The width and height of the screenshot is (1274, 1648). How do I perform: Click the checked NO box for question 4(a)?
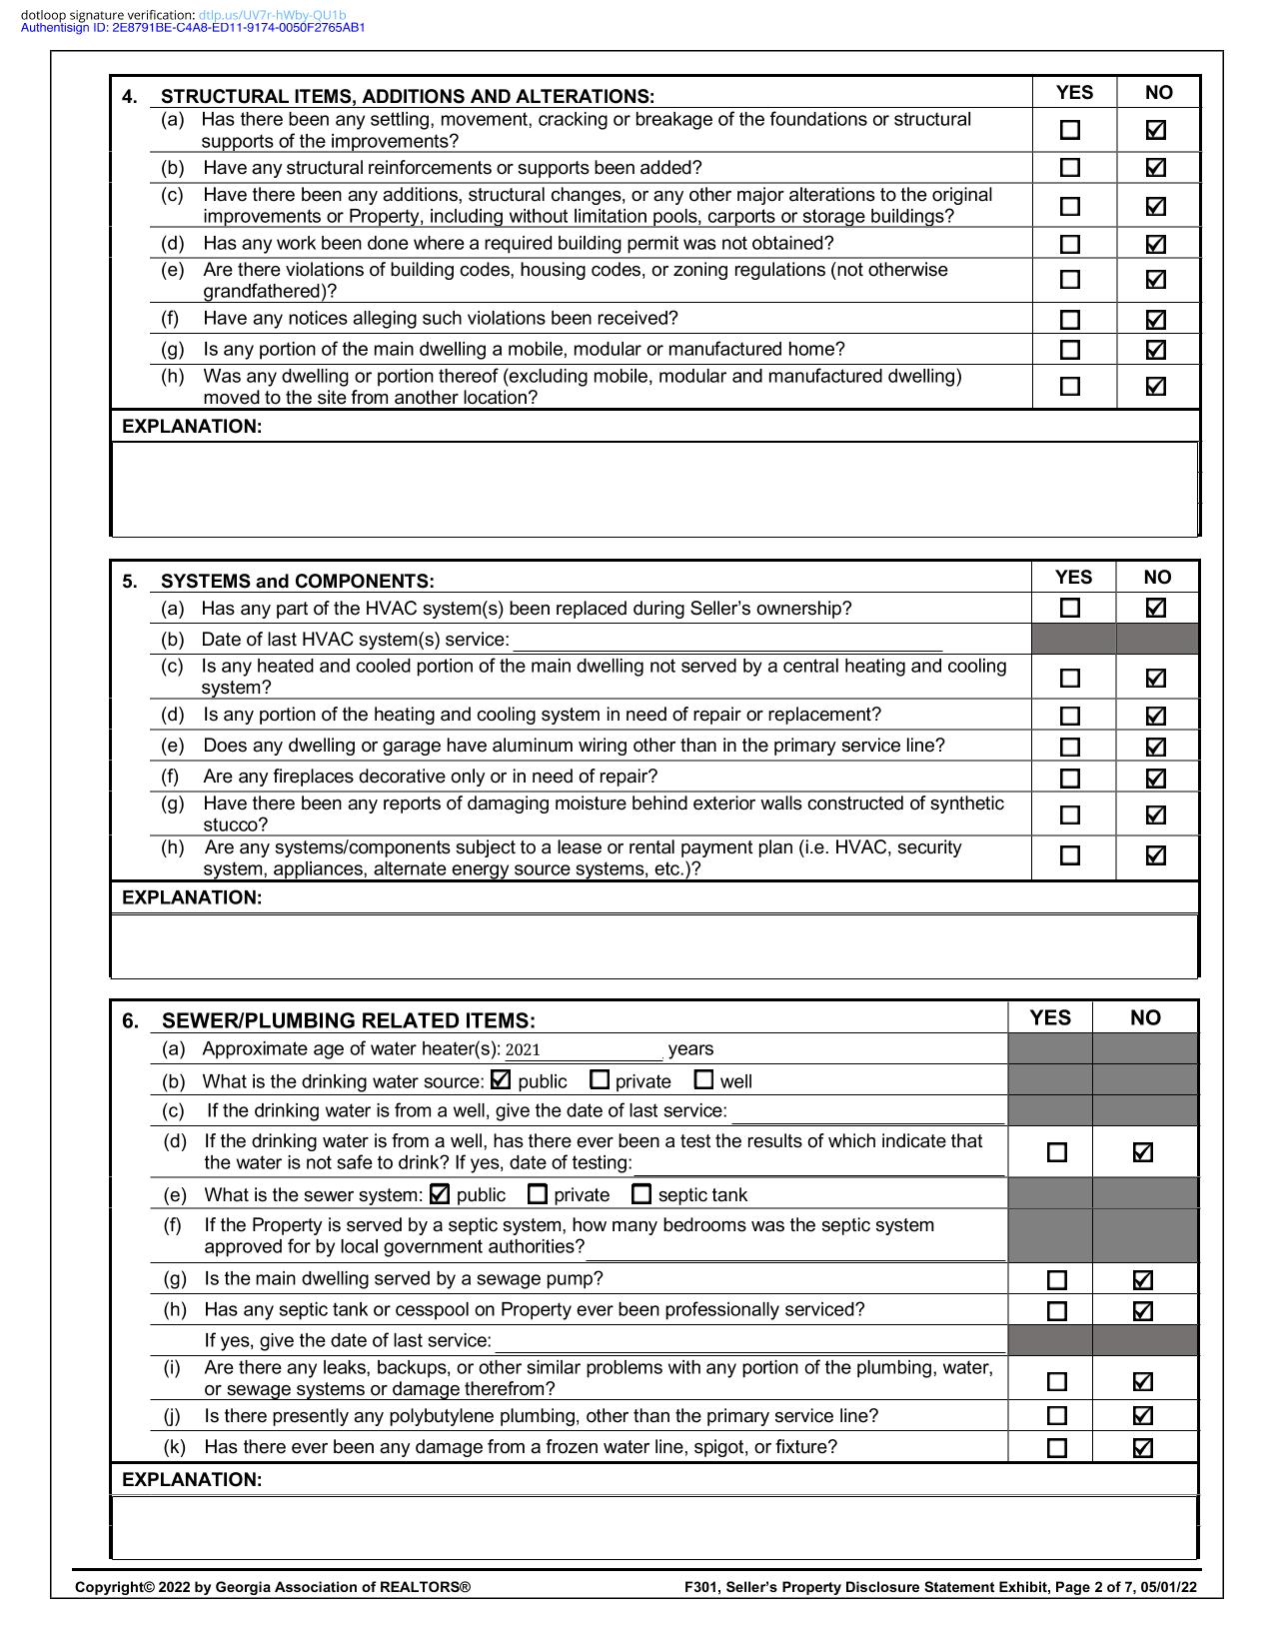coord(1155,130)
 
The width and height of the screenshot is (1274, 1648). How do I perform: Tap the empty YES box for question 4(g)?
coord(1070,350)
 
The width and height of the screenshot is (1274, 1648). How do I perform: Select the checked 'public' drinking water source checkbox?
coord(501,1079)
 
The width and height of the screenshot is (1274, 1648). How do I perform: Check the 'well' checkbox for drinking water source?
coord(703,1079)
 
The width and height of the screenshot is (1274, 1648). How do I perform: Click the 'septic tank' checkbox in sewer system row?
coord(641,1193)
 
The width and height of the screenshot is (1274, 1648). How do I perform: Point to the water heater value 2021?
coord(523,1049)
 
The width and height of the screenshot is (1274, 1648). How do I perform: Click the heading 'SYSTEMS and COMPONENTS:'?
coord(297,581)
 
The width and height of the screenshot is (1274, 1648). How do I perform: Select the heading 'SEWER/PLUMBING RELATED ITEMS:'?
coord(348,1020)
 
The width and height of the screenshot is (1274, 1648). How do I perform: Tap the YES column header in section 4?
coord(1074,93)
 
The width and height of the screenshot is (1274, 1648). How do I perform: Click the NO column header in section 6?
coord(1145,1017)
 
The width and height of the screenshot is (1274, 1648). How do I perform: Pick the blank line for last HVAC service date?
coord(726,640)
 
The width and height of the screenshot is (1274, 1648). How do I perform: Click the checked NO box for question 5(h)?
coord(1155,855)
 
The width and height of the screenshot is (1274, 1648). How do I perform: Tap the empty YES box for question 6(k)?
coord(1056,1448)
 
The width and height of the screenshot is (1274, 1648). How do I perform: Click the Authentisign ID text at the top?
coord(192,28)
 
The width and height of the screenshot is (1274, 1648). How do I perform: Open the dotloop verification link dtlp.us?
coord(272,15)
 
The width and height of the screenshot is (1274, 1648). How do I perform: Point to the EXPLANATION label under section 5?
coord(192,897)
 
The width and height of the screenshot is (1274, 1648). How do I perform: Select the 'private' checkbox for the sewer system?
coord(538,1193)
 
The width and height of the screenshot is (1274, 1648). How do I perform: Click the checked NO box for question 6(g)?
coord(1143,1280)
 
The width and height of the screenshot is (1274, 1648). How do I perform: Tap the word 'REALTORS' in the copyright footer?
coord(421,1587)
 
